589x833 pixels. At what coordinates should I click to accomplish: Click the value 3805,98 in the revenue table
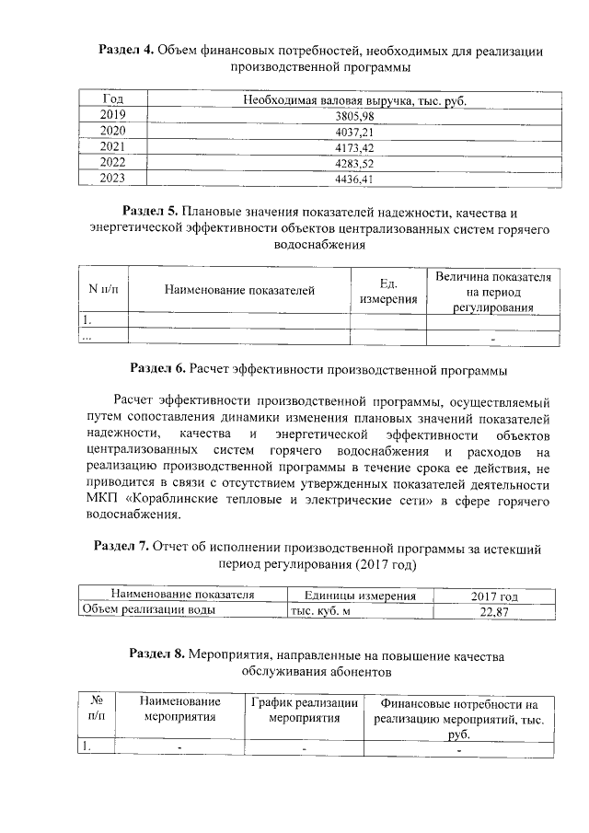[x=356, y=116]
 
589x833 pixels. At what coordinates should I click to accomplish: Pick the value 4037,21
[x=356, y=132]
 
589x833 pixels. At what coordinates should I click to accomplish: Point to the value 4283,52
[x=356, y=163]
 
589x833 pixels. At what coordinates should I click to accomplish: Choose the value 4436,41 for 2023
[x=356, y=179]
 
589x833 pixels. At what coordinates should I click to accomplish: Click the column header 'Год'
[x=113, y=99]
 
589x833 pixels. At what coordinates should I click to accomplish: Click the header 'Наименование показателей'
[x=239, y=291]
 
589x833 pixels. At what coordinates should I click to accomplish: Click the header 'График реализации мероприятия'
[x=305, y=709]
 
